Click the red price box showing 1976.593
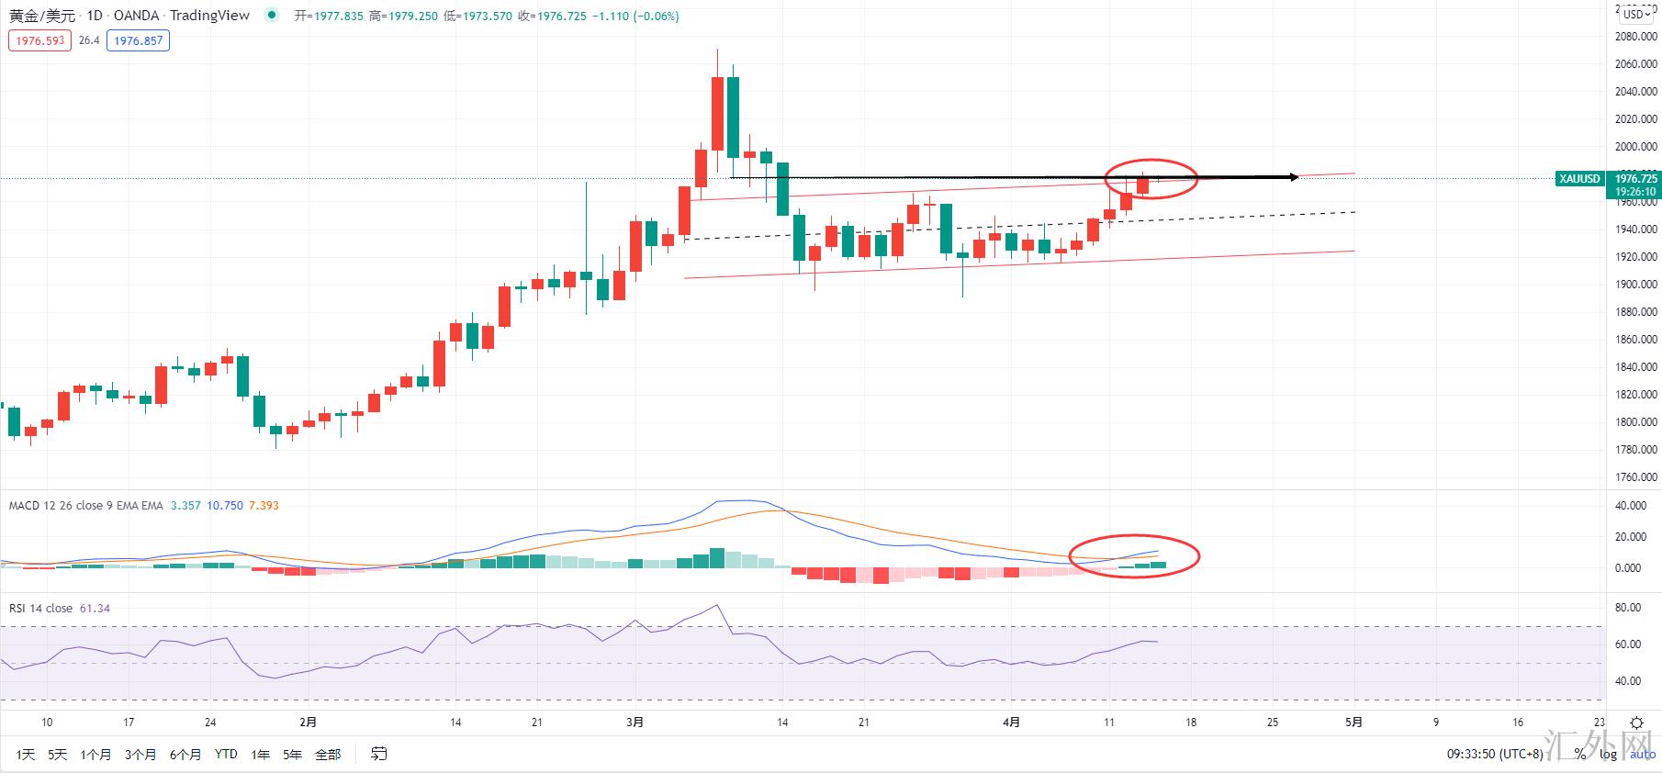click(x=39, y=40)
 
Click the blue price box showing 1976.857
click(x=138, y=40)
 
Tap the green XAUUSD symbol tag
click(x=1579, y=179)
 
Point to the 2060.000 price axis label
click(x=1635, y=64)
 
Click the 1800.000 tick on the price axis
click(x=1635, y=422)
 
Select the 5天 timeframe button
click(x=58, y=755)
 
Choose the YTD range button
click(x=226, y=755)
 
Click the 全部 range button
click(x=328, y=755)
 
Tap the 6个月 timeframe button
click(x=185, y=755)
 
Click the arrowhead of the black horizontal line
click(x=1293, y=176)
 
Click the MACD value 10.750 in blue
click(x=225, y=506)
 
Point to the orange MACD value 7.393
click(x=264, y=506)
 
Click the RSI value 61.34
click(x=95, y=609)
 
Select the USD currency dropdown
click(x=1636, y=14)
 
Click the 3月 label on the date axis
click(x=634, y=723)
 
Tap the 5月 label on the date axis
click(x=1353, y=723)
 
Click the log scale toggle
click(x=1608, y=755)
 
